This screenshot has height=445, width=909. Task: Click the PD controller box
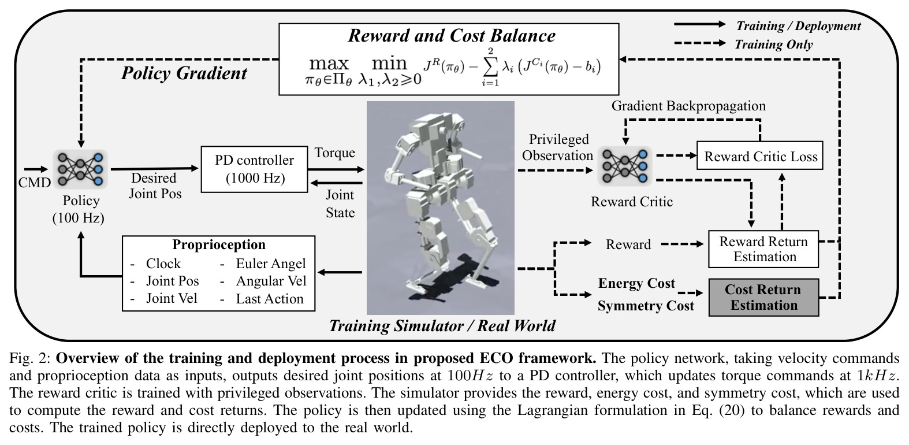click(255, 169)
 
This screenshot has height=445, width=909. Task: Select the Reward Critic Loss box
click(760, 155)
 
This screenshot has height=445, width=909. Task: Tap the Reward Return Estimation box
click(763, 249)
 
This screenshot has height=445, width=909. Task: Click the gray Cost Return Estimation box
click(763, 297)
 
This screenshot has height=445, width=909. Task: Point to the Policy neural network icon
click(80, 169)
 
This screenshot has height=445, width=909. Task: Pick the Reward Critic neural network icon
click(625, 166)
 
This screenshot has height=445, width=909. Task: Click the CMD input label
click(35, 183)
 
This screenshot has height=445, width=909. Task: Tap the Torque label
click(335, 153)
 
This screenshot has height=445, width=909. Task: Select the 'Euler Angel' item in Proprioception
click(271, 264)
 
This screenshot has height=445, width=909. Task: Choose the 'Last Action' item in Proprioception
click(270, 299)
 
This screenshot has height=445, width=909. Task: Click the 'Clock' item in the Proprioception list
click(163, 264)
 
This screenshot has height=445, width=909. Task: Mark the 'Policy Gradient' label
click(184, 73)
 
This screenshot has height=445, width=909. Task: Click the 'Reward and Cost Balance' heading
click(452, 36)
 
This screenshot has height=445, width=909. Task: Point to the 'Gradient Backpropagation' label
click(688, 106)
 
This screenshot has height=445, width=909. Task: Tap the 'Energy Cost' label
click(636, 283)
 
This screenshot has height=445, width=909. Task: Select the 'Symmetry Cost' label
click(646, 306)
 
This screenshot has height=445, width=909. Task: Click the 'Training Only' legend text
click(774, 44)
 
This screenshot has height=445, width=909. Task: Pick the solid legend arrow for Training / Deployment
click(700, 24)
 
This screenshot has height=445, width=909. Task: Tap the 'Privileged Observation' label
click(558, 147)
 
